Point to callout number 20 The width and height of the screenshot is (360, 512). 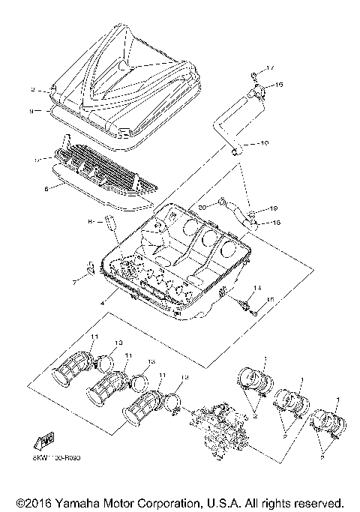point(202,207)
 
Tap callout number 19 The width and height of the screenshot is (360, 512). point(274,208)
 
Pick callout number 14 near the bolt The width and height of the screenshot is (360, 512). point(257,288)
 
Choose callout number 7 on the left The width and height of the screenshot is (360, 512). point(74,283)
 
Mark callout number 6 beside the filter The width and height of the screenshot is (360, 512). point(46,190)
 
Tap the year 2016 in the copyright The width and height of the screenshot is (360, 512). point(37,502)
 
